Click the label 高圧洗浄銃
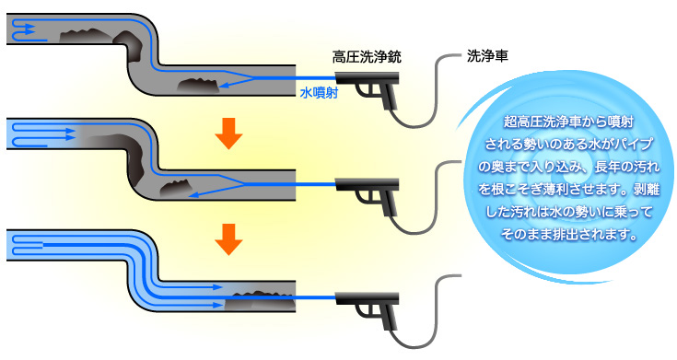[x=367, y=56]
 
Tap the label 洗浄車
[x=487, y=55]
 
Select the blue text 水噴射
[x=319, y=93]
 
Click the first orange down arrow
[x=228, y=134]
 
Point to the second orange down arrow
[x=228, y=239]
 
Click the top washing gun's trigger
[x=365, y=90]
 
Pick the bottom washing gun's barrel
[x=367, y=297]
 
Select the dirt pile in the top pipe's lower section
[x=198, y=86]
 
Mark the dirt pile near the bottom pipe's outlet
[x=261, y=301]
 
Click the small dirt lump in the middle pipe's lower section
[x=176, y=188]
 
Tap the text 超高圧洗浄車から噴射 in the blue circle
[x=568, y=122]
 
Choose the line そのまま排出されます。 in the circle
[x=569, y=234]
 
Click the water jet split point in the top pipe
[x=252, y=78]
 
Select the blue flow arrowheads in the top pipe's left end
[x=29, y=29]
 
